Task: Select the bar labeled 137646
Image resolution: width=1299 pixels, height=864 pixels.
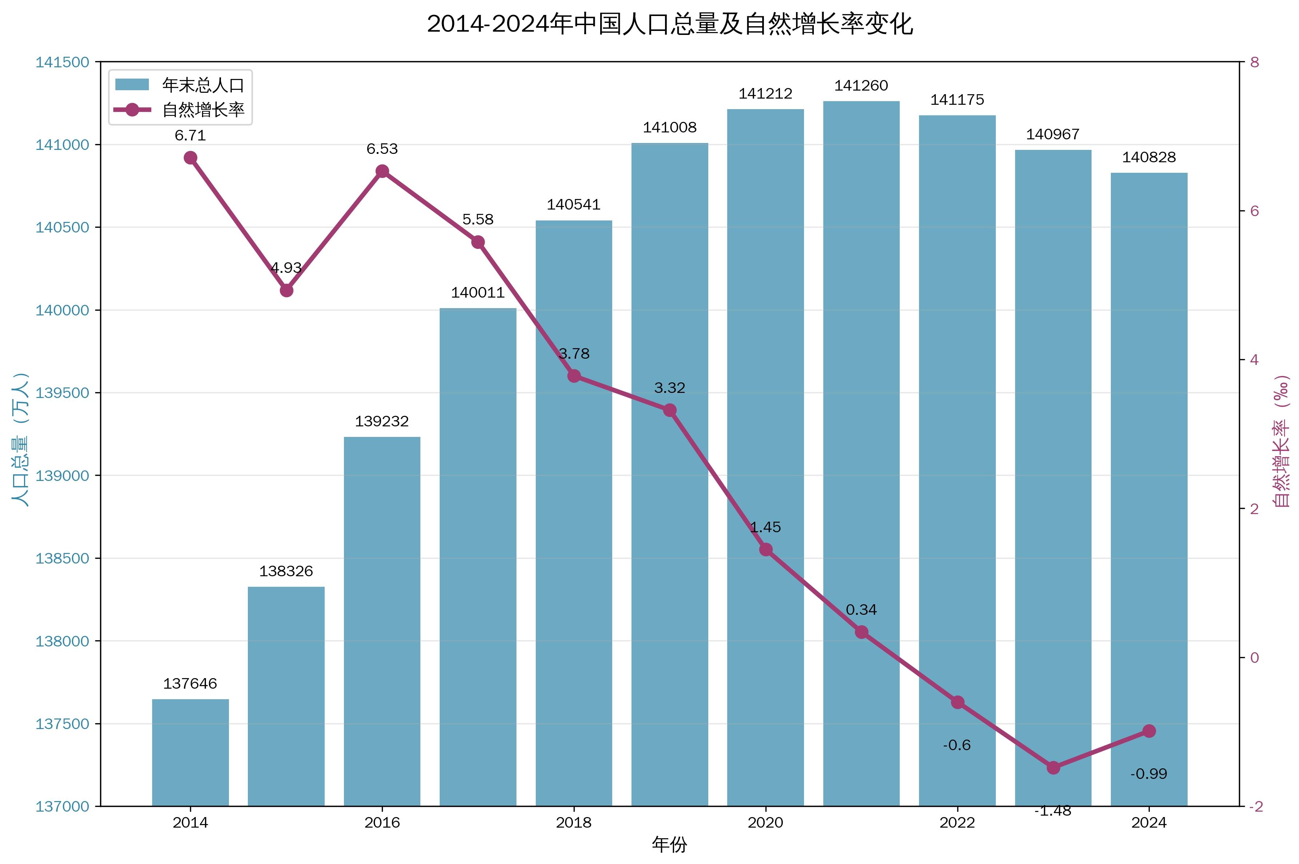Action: (x=190, y=752)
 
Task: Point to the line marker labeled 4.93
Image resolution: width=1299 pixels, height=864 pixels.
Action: (x=286, y=290)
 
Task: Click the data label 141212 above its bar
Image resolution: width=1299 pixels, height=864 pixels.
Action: (x=765, y=93)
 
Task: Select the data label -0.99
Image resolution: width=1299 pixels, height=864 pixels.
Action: (x=1149, y=774)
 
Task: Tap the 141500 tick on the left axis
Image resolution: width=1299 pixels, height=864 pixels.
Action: (x=62, y=62)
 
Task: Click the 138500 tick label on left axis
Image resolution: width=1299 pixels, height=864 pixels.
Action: (x=62, y=558)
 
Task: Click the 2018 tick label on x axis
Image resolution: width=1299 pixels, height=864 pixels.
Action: (x=573, y=823)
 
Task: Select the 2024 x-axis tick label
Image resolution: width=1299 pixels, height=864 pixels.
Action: (x=1149, y=823)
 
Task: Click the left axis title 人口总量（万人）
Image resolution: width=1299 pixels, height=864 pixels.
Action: (x=20, y=440)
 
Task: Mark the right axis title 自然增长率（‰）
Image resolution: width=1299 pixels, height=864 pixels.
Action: (x=1282, y=441)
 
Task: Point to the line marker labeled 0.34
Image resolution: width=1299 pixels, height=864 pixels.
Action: (x=861, y=632)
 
